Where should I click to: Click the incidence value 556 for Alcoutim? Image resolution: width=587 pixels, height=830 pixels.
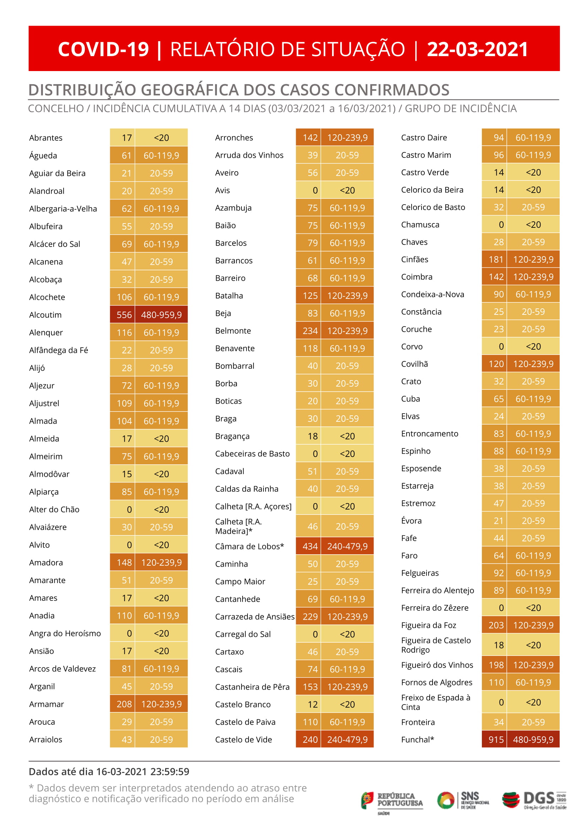click(124, 315)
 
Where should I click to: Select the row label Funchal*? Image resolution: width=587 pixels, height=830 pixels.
click(418, 740)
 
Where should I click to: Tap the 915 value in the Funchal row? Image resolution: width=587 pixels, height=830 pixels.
click(496, 740)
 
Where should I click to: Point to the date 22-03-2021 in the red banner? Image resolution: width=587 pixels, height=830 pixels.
click(478, 49)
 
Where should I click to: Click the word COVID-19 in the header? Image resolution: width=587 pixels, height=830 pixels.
click(103, 49)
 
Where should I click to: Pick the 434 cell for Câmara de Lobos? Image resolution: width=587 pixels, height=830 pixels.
click(310, 546)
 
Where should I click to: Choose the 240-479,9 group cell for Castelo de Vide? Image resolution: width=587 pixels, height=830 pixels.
click(347, 740)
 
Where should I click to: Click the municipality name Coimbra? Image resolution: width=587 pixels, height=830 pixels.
click(417, 277)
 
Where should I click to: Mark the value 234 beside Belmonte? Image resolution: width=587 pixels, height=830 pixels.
click(310, 330)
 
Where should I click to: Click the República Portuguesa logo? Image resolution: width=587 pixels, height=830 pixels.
click(392, 800)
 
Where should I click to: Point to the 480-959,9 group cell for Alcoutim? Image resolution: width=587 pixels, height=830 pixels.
click(161, 315)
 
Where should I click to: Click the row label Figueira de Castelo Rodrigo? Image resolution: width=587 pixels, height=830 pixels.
click(436, 645)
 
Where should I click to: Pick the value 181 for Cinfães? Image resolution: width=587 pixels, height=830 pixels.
click(496, 259)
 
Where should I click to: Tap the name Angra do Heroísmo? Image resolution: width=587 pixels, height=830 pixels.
click(65, 633)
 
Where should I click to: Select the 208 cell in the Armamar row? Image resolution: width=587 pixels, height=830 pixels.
click(124, 704)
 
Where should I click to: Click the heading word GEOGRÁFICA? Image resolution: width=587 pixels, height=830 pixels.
click(190, 90)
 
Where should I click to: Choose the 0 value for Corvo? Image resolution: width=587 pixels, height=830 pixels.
click(501, 346)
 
